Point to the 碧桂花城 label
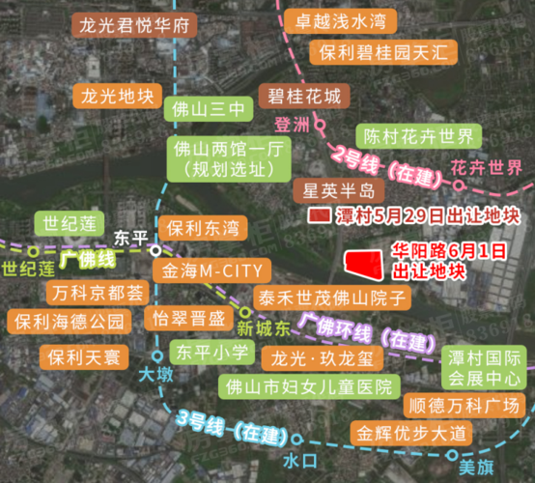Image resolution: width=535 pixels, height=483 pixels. pyautogui.click(x=304, y=97)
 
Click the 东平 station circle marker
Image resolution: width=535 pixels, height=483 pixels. pyautogui.click(x=155, y=249)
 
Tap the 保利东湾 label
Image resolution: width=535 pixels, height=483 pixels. pyautogui.click(x=202, y=229)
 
